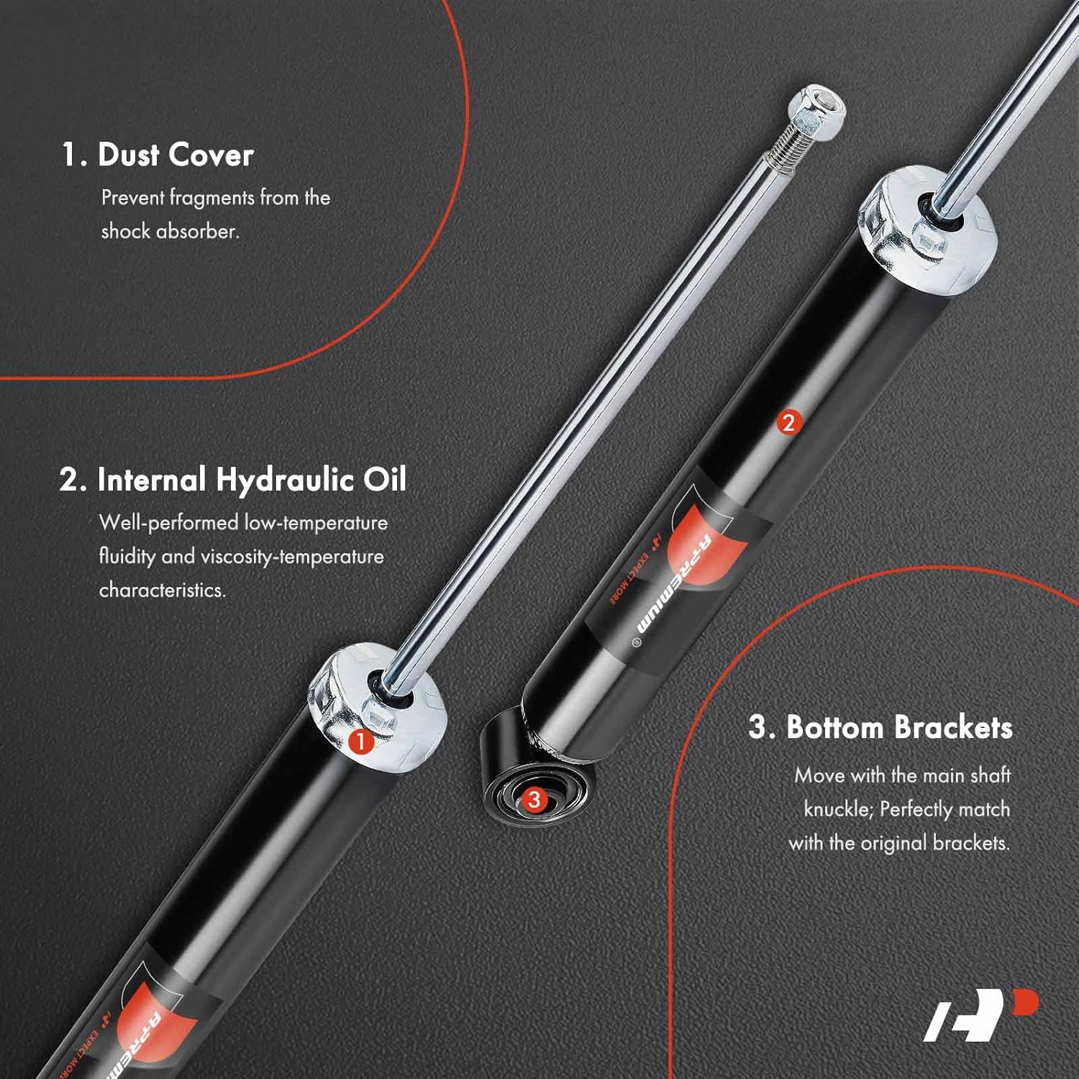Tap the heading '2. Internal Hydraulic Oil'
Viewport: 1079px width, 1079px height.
click(233, 480)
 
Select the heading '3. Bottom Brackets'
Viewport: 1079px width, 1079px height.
click(880, 727)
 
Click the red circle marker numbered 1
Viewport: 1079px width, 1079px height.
click(360, 742)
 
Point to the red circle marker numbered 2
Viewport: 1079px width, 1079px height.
click(788, 423)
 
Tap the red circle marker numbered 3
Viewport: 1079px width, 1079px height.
click(534, 799)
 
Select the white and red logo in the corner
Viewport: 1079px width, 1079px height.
click(981, 1016)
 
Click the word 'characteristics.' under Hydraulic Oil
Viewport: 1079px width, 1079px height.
click(163, 591)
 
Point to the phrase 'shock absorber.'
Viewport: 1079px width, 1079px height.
click(170, 232)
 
